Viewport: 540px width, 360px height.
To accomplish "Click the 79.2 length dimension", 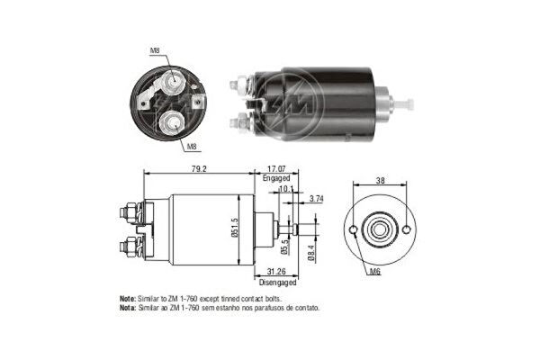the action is (x=198, y=169).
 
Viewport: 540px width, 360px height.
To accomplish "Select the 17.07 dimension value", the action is (x=276, y=169).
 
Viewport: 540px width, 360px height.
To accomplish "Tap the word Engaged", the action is (x=276, y=178).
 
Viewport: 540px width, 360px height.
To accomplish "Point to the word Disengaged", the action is (x=277, y=283).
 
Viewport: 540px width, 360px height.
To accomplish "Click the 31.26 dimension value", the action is (x=276, y=272).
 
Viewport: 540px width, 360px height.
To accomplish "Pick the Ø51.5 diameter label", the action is (x=235, y=228).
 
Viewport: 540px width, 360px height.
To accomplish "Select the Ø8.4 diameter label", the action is (x=311, y=254).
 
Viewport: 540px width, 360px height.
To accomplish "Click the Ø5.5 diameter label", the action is (x=284, y=247).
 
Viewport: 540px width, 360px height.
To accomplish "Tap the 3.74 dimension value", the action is (x=316, y=199).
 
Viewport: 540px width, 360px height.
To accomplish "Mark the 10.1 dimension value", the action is (x=286, y=188).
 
